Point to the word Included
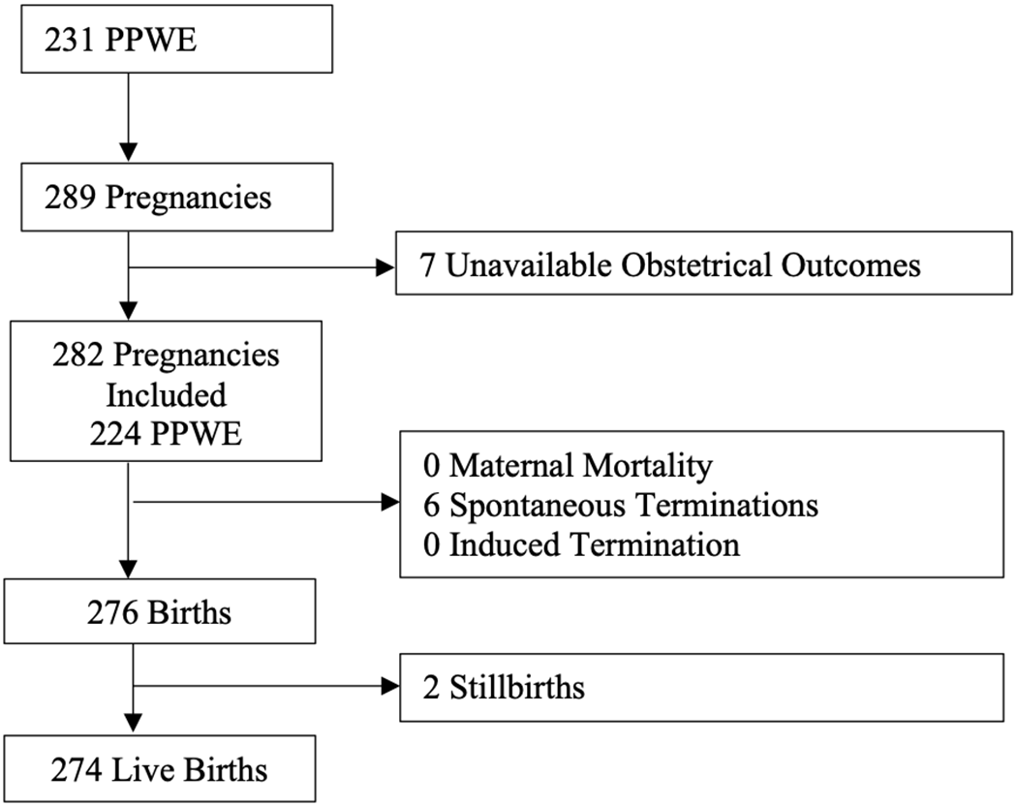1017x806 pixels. tap(166, 394)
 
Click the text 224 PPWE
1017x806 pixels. tap(166, 433)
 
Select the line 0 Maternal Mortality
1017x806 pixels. tap(568, 466)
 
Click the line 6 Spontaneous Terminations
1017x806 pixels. tap(620, 505)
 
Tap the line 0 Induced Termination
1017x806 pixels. tap(581, 543)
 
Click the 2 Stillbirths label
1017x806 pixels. tap(504, 688)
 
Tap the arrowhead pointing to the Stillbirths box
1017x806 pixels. tap(390, 688)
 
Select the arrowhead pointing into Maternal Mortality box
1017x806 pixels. tap(390, 503)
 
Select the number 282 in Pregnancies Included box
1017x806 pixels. tap(78, 356)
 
